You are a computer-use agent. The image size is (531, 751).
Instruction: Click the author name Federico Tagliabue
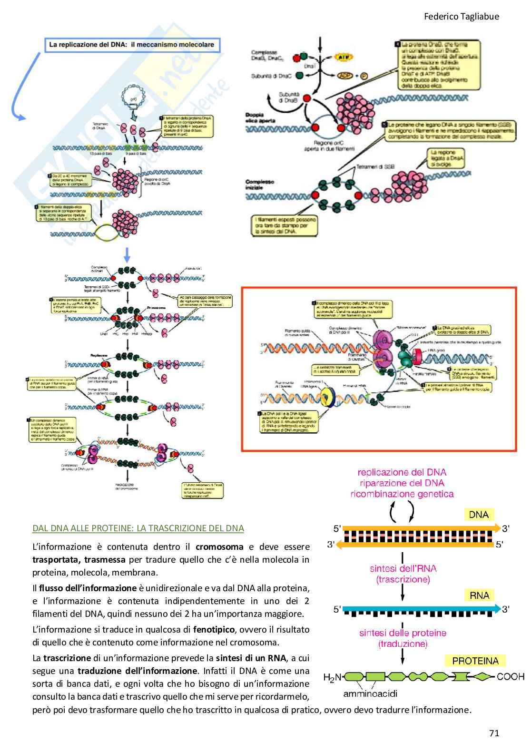coord(461,17)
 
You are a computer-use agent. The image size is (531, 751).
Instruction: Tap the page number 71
coord(494,733)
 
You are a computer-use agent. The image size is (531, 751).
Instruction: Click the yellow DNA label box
coord(479,515)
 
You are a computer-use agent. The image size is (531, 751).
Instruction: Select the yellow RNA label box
coord(479,595)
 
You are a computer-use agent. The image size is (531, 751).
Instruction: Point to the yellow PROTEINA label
coord(475,661)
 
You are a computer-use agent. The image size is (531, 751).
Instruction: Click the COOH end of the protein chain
coord(510,676)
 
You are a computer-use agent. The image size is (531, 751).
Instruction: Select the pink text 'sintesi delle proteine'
coord(403,633)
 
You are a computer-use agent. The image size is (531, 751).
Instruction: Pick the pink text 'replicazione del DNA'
coord(402,472)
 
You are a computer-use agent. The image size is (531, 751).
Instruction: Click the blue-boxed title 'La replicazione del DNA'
coord(132,45)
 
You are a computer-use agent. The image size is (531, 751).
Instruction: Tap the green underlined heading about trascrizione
coord(138,528)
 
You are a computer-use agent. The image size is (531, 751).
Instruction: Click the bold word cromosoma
coord(219,547)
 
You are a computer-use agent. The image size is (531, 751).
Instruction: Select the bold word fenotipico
coord(214,629)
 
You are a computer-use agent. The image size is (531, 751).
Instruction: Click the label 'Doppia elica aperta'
coord(260,117)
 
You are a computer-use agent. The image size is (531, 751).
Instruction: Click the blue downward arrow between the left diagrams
coord(127,255)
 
